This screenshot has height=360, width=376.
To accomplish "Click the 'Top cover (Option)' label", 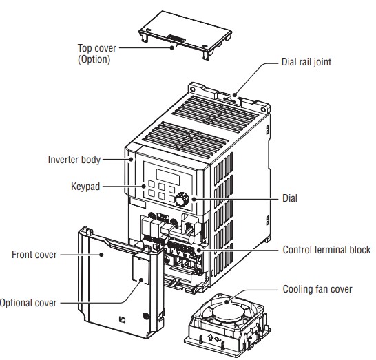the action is [97, 54].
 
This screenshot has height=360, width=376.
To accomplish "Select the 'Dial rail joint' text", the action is [306, 62].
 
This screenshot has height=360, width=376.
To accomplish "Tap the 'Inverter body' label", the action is [74, 160].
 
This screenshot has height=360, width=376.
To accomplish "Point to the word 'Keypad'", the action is [85, 187].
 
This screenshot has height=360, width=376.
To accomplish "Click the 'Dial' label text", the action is [290, 198].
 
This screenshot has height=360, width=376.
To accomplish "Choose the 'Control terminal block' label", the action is [326, 250].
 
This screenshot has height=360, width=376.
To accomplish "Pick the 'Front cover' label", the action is [34, 255].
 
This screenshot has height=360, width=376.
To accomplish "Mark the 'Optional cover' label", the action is [28, 303].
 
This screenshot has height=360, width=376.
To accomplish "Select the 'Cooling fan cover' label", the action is [317, 289].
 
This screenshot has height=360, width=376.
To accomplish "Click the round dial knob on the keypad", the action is [182, 200].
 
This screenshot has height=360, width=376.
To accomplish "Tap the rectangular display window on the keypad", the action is [168, 177].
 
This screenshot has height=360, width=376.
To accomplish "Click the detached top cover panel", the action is [185, 34].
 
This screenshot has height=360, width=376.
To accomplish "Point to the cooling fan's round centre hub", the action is [227, 311].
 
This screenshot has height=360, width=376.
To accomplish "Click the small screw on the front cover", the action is [145, 316].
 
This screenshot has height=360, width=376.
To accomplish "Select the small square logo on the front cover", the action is [122, 320].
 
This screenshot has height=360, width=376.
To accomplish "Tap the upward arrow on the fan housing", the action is [210, 338].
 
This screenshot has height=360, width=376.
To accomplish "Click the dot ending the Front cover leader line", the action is [101, 255].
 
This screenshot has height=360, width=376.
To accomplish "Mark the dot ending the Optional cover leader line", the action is [141, 280].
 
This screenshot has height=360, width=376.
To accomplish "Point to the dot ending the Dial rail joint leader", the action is [235, 95].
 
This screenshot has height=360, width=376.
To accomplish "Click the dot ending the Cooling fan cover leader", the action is [227, 302].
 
